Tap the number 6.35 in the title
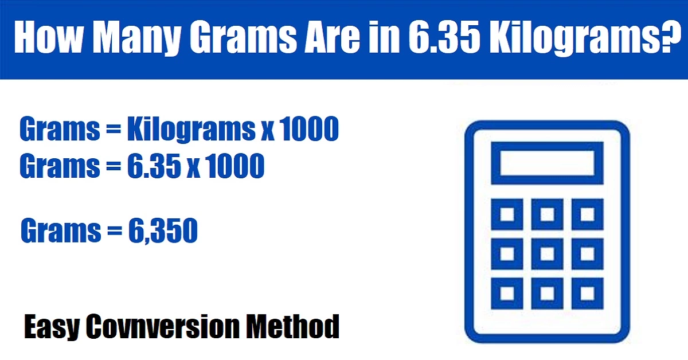(x=444, y=37)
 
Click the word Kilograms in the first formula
(x=191, y=130)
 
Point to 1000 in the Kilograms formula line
(x=310, y=129)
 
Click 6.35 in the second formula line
(x=154, y=166)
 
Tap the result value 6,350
(x=163, y=230)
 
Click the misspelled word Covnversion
(x=162, y=326)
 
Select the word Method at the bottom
(x=292, y=326)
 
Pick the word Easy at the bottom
(x=52, y=327)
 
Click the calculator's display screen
(x=547, y=163)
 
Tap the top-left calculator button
(x=507, y=214)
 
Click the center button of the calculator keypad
(x=547, y=254)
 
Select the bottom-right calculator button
(x=587, y=294)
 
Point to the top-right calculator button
(x=587, y=214)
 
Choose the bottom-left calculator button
(x=507, y=294)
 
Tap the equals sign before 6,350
(x=115, y=230)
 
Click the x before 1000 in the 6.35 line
(x=194, y=170)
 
